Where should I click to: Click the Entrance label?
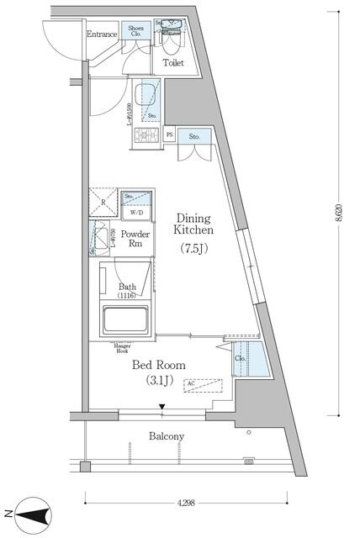tap(102, 34)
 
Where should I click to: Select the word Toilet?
tap(174, 62)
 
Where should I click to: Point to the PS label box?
tap(170, 134)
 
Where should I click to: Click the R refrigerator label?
tap(103, 203)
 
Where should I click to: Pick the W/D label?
tap(136, 212)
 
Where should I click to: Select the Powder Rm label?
tap(135, 239)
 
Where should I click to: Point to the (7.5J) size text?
tap(193, 248)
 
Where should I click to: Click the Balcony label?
tap(167, 436)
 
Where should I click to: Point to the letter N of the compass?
tap(8, 513)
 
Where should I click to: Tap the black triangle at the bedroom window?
tap(162, 407)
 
